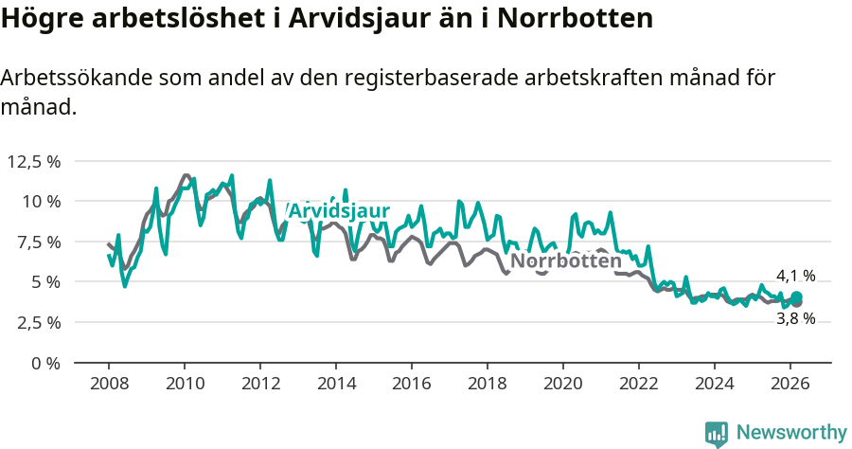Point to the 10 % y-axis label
tap(41, 201)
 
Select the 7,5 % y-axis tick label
tap(37, 242)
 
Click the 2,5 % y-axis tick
tap(37, 322)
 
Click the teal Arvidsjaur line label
tap(338, 210)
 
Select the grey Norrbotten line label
tap(565, 260)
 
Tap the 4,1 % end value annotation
tap(795, 276)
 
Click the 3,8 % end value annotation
tap(795, 318)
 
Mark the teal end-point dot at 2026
tap(797, 297)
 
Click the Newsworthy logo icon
tap(717, 433)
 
